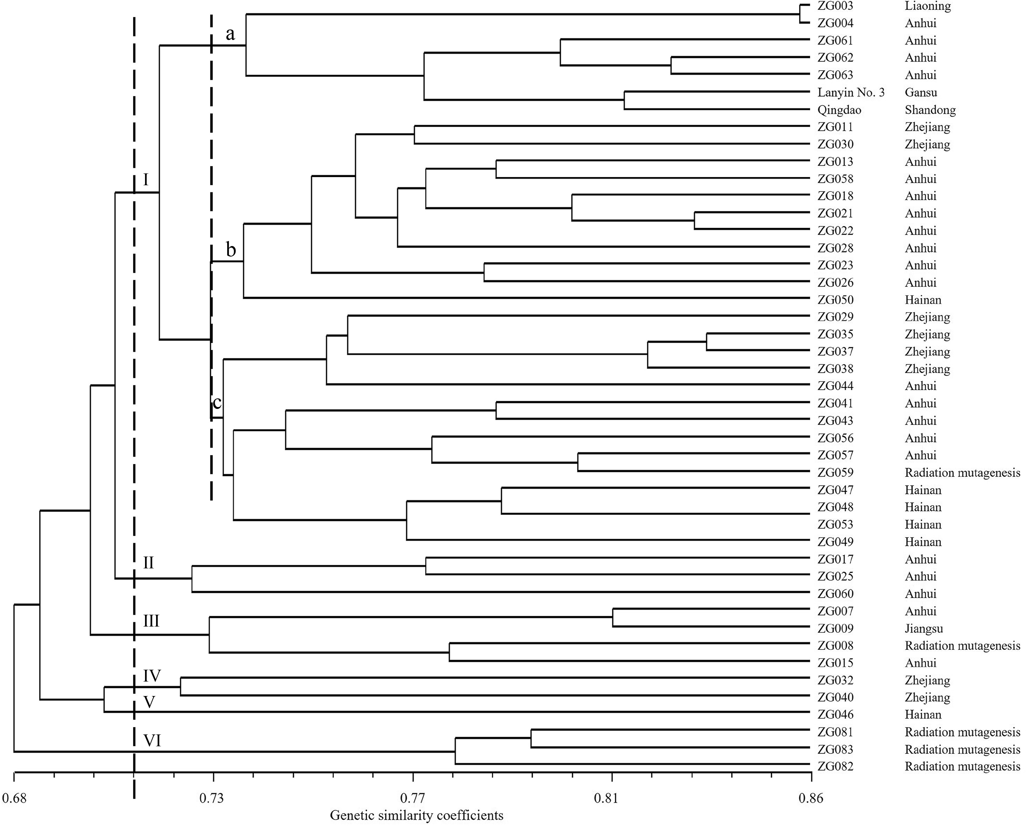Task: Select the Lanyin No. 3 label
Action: (x=851, y=92)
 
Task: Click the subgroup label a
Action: (x=230, y=34)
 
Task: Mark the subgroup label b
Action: (x=231, y=249)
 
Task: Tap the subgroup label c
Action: (x=217, y=403)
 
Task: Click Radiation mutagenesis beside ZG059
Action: (x=962, y=473)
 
